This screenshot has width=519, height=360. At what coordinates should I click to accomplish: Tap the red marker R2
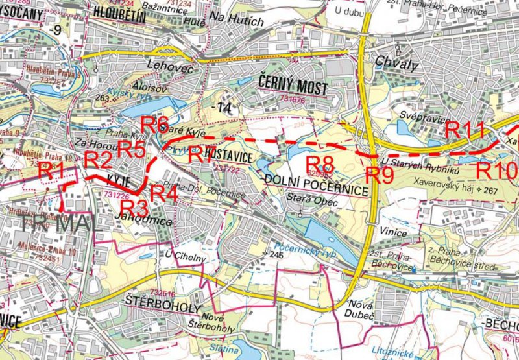(x=99, y=159)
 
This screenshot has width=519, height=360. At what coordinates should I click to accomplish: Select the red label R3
(x=135, y=208)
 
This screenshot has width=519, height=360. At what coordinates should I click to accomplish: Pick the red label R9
(x=379, y=175)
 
